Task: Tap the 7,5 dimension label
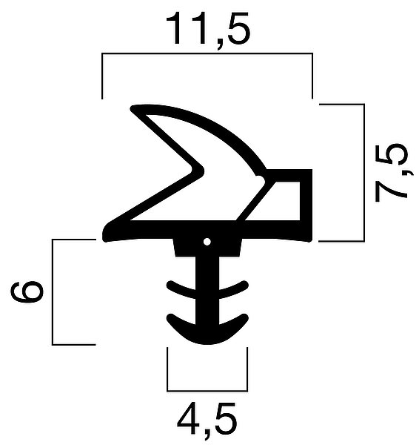click(391, 173)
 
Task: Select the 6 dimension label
click(27, 292)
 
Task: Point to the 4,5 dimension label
click(207, 421)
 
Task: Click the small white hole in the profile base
click(207, 242)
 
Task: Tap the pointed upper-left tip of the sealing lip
click(132, 109)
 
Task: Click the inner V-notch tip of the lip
click(202, 171)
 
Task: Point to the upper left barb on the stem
click(181, 289)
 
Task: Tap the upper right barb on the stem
click(234, 289)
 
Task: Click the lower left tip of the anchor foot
click(170, 317)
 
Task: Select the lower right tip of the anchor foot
click(245, 317)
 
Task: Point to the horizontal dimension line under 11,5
click(207, 53)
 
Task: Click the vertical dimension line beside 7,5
click(364, 173)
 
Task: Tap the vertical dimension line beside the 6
click(53, 292)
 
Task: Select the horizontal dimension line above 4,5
click(207, 391)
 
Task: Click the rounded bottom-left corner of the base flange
click(106, 238)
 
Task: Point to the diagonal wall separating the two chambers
click(254, 202)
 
